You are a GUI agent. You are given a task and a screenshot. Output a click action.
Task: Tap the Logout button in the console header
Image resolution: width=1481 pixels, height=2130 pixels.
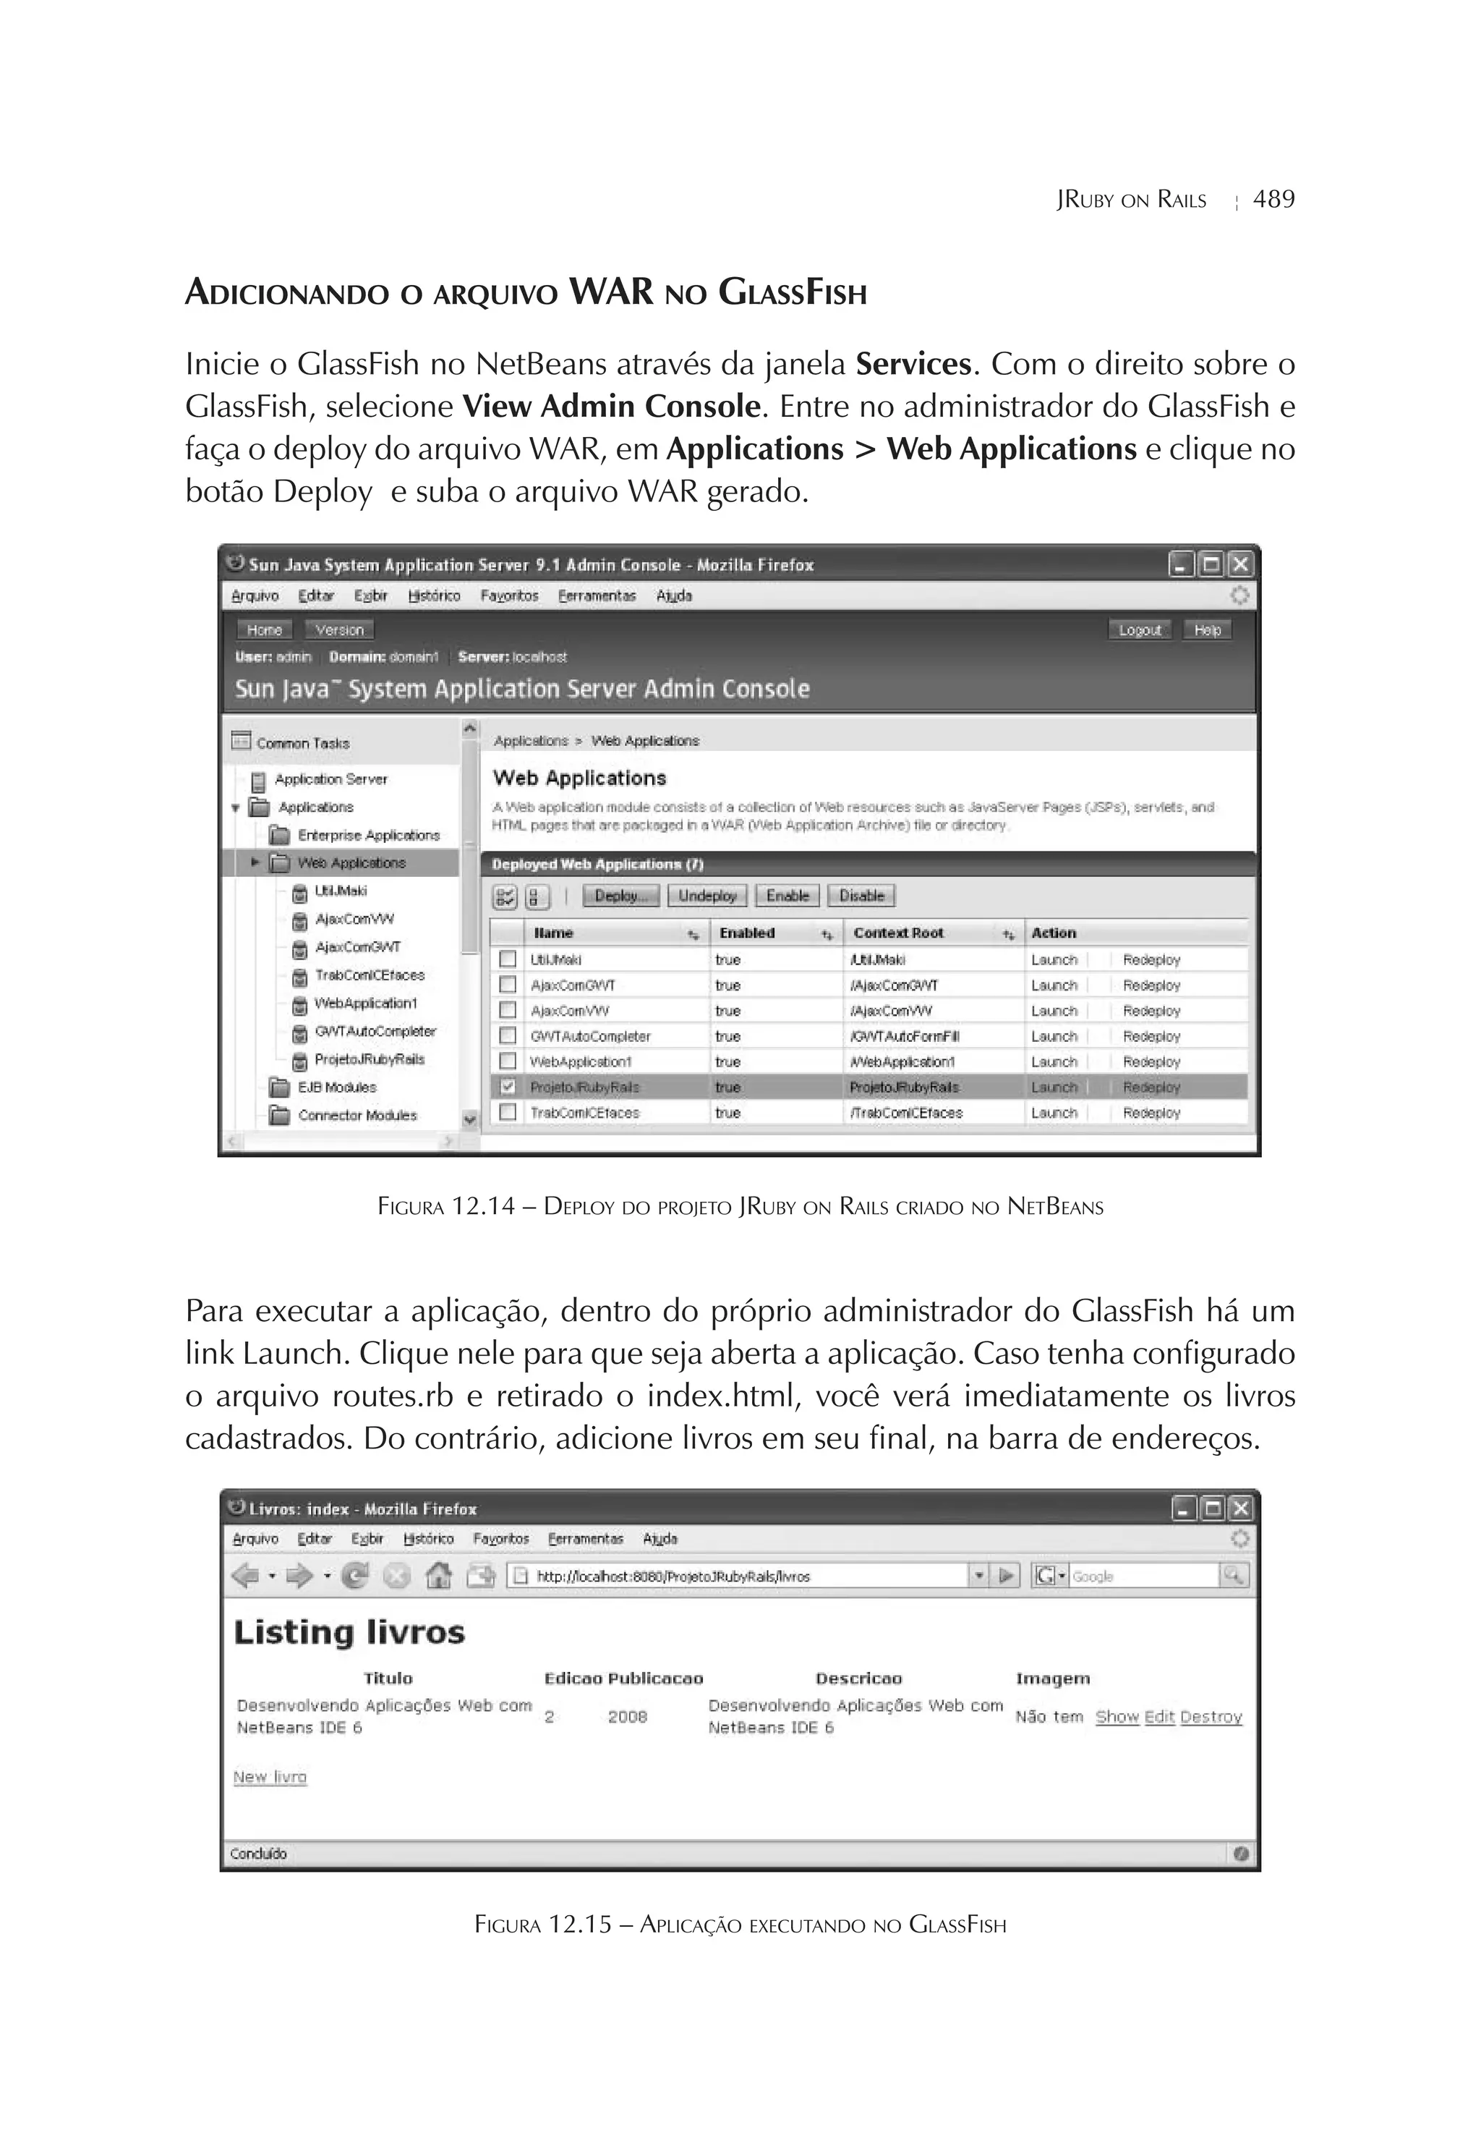pyautogui.click(x=1139, y=630)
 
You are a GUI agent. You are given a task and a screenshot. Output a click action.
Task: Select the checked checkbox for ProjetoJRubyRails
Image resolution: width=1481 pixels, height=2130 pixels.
pyautogui.click(x=507, y=1086)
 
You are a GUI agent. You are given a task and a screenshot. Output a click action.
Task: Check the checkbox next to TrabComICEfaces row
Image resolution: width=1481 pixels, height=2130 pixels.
pyautogui.click(x=507, y=1111)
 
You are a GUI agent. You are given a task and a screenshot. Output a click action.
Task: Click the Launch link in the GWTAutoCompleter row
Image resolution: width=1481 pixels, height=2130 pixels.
pyautogui.click(x=1054, y=1036)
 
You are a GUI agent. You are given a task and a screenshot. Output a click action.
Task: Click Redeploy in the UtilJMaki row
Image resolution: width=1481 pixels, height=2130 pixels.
pyautogui.click(x=1151, y=959)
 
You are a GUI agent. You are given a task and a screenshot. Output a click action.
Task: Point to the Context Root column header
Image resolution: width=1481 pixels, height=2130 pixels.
pyautogui.click(x=897, y=933)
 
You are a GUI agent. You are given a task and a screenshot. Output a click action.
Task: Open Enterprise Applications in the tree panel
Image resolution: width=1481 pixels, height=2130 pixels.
pyautogui.click(x=367, y=835)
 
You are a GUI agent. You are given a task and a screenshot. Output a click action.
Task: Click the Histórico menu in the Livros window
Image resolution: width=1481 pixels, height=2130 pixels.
pyautogui.click(x=428, y=1538)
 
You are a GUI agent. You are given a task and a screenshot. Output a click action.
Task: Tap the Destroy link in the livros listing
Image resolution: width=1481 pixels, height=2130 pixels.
pyautogui.click(x=1211, y=1716)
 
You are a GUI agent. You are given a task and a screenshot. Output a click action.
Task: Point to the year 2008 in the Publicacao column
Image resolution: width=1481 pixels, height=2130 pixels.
pyautogui.click(x=627, y=1716)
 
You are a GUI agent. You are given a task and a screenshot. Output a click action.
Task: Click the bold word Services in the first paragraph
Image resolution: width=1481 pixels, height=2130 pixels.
pyautogui.click(x=913, y=364)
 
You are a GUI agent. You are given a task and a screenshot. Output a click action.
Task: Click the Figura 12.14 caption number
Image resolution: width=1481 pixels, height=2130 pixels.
pyautogui.click(x=482, y=1206)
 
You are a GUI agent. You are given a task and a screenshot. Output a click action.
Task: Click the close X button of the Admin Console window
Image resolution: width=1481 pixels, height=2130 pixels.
pyautogui.click(x=1240, y=564)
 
